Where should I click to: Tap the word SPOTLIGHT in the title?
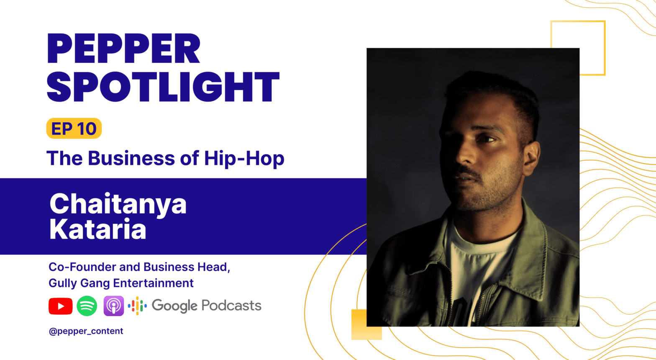pyautogui.click(x=163, y=87)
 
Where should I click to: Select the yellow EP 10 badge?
pyautogui.click(x=74, y=128)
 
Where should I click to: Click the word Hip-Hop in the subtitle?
pyautogui.click(x=244, y=159)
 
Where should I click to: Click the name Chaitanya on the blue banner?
pyautogui.click(x=118, y=205)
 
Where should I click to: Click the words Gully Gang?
pyautogui.click(x=79, y=283)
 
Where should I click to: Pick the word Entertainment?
pyautogui.click(x=153, y=283)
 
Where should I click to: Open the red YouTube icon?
pyautogui.click(x=61, y=306)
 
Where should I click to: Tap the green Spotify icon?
pyautogui.click(x=87, y=306)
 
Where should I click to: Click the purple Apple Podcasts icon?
pyautogui.click(x=114, y=306)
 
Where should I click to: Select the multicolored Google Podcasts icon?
pyautogui.click(x=137, y=306)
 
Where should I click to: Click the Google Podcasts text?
pyautogui.click(x=207, y=306)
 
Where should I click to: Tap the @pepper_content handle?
pyautogui.click(x=86, y=331)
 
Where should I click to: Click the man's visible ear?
pyautogui.click(x=531, y=158)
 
